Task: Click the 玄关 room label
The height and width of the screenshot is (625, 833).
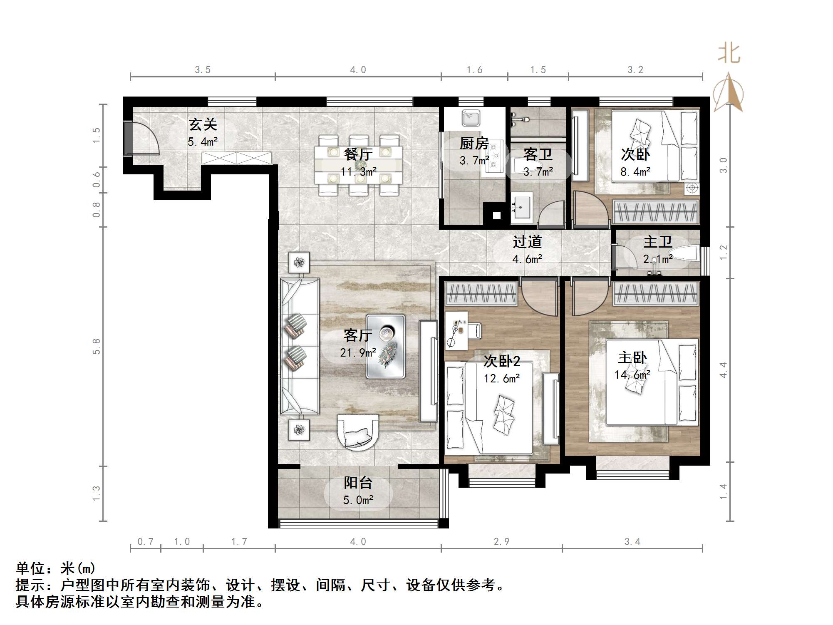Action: tap(203, 124)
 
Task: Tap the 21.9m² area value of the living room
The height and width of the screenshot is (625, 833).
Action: tap(358, 353)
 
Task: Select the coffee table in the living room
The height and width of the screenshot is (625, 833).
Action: tap(385, 346)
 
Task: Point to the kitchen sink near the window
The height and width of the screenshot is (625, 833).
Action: tap(471, 118)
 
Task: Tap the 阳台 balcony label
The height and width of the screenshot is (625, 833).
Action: tap(358, 483)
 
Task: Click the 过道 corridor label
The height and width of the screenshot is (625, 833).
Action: tap(527, 242)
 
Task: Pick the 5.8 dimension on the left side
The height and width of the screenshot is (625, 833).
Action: tap(96, 346)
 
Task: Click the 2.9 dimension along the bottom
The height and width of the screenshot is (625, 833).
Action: tap(501, 541)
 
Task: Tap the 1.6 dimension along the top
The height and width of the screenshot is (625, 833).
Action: tap(474, 70)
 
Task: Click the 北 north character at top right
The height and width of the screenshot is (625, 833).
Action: tap(729, 54)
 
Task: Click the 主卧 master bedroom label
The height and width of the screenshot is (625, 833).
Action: tap(632, 357)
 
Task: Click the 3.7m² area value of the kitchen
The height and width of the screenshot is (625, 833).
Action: tap(474, 160)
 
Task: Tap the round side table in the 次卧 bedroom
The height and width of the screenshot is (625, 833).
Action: tap(692, 188)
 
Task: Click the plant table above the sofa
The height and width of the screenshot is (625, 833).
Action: tap(299, 262)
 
